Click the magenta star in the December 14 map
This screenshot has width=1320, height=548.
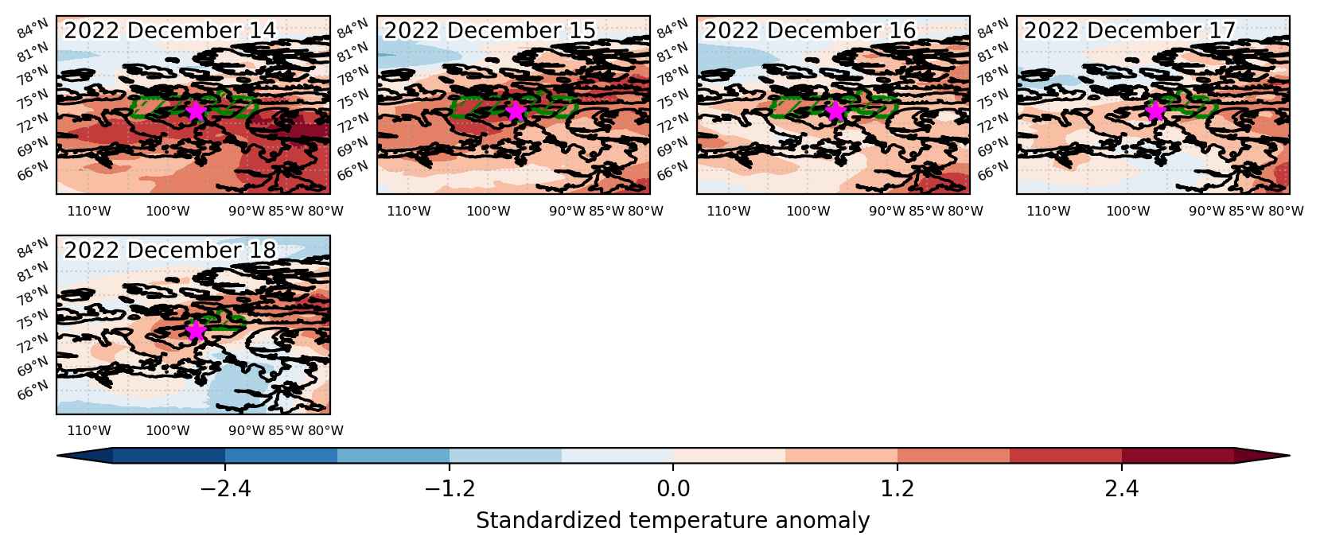click(x=196, y=111)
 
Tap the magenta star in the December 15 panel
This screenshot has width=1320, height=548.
click(x=516, y=111)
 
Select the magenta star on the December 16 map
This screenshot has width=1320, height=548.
click(x=835, y=111)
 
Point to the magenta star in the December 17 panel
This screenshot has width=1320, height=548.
click(x=1155, y=111)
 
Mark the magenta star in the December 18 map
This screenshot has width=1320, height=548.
click(x=196, y=331)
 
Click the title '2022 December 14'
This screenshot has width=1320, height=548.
click(x=169, y=31)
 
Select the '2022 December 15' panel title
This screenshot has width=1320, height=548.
click(x=489, y=31)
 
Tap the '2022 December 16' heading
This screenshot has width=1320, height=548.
click(x=810, y=31)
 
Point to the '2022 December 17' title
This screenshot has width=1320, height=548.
click(x=1130, y=31)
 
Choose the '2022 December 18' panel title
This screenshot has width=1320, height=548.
click(x=169, y=251)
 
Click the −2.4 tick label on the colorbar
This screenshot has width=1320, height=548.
click(x=225, y=488)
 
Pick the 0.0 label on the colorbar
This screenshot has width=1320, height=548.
click(x=674, y=488)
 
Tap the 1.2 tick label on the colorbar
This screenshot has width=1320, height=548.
click(x=898, y=488)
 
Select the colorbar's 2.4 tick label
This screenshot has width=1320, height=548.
click(x=1122, y=488)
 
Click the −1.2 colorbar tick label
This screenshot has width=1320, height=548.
click(x=450, y=488)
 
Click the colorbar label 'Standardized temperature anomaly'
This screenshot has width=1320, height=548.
click(x=673, y=521)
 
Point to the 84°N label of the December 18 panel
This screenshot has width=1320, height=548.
click(x=33, y=248)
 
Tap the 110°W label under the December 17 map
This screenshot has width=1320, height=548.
click(x=1049, y=211)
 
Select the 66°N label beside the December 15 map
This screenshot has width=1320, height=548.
click(x=352, y=171)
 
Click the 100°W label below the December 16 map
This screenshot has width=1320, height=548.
click(x=808, y=211)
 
